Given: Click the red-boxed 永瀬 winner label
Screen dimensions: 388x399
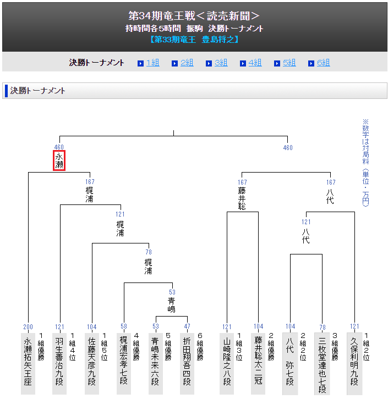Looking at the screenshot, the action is pyautogui.click(x=59, y=160).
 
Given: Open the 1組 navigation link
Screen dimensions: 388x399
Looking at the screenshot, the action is pyautogui.click(x=152, y=63).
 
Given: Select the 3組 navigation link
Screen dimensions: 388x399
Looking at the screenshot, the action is pyautogui.click(x=221, y=63).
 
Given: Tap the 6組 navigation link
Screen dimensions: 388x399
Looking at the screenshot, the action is pyautogui.click(x=323, y=63).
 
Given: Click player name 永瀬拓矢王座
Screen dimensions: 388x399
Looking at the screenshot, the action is pyautogui.click(x=28, y=361).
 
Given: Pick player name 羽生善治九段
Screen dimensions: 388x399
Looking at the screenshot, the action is pyautogui.click(x=59, y=361).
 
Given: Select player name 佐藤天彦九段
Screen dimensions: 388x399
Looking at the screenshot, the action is pyautogui.click(x=91, y=361).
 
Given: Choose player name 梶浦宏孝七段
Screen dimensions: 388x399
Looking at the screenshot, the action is pyautogui.click(x=124, y=361).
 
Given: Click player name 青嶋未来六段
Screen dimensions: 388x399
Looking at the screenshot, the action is pyautogui.click(x=156, y=361).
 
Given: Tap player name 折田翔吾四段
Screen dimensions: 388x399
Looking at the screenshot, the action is pyautogui.click(x=187, y=361).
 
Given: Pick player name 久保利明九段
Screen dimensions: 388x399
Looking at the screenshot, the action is pyautogui.click(x=354, y=361).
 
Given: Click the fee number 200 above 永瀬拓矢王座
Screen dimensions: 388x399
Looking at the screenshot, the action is pyautogui.click(x=28, y=327).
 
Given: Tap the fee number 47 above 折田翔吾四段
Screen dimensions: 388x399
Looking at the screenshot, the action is pyautogui.click(x=187, y=327).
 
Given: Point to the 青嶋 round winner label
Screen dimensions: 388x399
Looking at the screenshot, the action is pyautogui.click(x=172, y=305).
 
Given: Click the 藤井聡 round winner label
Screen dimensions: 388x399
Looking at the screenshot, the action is pyautogui.click(x=242, y=198).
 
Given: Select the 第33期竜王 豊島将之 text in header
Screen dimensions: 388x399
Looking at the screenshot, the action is pyautogui.click(x=194, y=40).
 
